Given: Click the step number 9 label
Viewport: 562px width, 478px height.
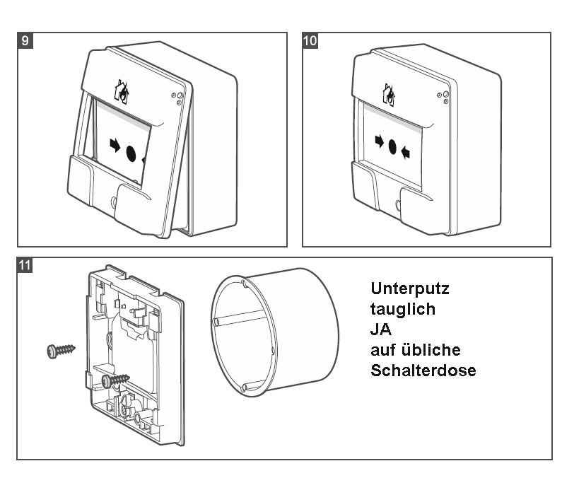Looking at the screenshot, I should click(25, 40).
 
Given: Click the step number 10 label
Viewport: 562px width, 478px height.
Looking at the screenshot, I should click(310, 40).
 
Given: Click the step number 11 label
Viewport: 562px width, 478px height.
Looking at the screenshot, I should click(25, 266).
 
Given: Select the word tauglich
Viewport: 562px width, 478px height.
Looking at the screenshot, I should click(402, 309).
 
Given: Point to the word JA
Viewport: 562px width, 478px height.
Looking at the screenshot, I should click(380, 329).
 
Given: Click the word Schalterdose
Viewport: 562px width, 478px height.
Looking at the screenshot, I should click(423, 370).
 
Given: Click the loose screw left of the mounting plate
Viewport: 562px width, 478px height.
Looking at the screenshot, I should click(62, 350).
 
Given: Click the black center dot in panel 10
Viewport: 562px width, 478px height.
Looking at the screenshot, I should click(393, 147).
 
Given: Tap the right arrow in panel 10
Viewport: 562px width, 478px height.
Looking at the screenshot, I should click(406, 151).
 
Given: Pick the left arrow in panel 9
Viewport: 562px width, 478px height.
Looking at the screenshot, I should click(115, 145).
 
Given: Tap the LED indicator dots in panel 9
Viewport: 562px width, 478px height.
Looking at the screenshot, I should click(178, 97).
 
